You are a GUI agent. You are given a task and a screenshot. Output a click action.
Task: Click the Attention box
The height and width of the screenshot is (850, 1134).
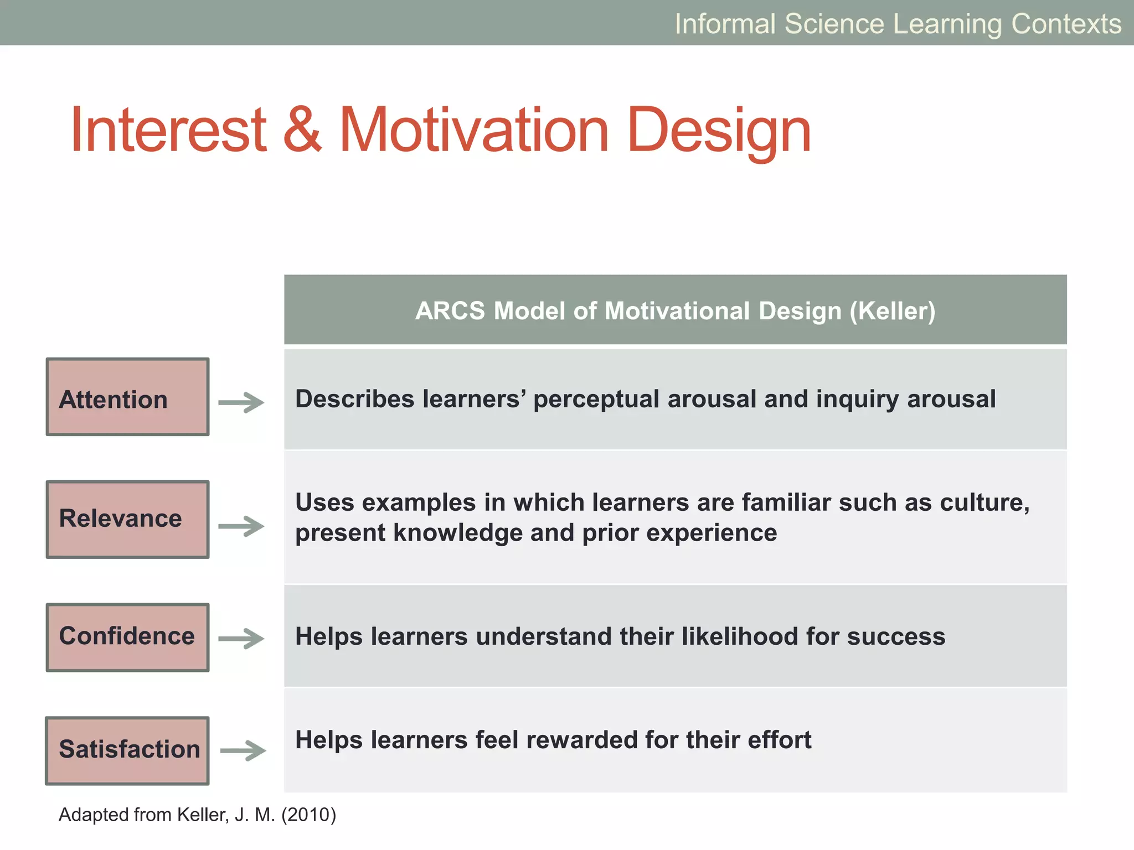[x=127, y=397]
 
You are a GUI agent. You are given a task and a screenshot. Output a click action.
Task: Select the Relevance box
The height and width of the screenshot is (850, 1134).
[x=127, y=519]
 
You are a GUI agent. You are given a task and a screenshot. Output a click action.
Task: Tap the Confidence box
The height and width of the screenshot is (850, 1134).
[x=127, y=637]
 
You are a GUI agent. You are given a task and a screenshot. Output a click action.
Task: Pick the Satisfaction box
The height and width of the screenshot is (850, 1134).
[x=127, y=750]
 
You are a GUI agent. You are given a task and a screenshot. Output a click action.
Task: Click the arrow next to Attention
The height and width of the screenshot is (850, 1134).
[x=241, y=402]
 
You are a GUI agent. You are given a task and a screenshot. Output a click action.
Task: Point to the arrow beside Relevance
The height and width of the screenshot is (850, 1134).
[x=241, y=526]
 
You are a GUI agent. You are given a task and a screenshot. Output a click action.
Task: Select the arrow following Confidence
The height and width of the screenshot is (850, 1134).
[x=241, y=638]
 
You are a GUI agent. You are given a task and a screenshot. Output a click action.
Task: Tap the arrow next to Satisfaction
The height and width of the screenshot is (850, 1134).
[x=243, y=750]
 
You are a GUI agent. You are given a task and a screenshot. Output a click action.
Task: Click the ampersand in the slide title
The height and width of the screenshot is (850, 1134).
[x=302, y=130]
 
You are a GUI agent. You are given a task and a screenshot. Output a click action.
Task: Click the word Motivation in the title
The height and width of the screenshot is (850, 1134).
[x=473, y=130]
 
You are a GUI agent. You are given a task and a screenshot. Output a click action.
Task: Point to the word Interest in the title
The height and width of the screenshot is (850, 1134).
[x=168, y=130]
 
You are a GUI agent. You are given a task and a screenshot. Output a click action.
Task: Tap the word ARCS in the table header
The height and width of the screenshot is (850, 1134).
[x=450, y=311]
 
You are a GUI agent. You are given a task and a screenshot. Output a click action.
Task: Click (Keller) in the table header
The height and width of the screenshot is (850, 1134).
[x=892, y=311]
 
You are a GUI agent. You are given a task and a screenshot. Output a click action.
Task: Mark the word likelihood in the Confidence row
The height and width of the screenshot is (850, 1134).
[x=740, y=636]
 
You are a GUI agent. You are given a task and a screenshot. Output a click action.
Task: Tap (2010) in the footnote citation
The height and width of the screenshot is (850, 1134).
[x=308, y=815]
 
